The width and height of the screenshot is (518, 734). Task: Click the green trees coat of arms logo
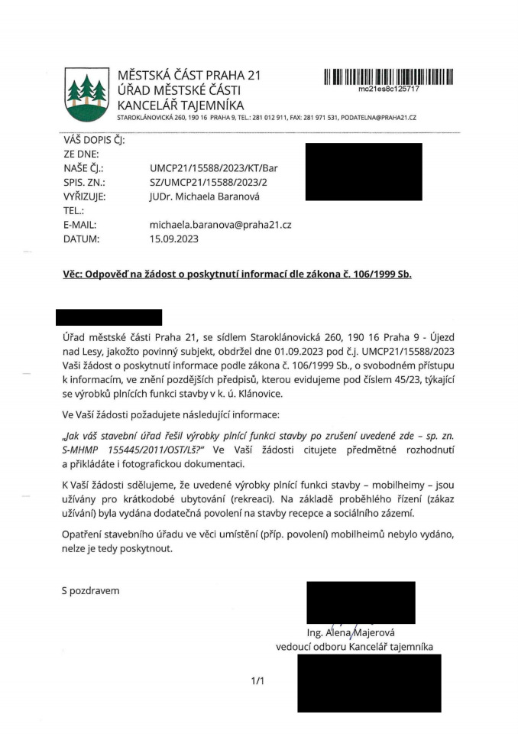point(85,94)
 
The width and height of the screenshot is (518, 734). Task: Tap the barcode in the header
point(388,76)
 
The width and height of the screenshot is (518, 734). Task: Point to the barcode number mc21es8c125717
point(388,89)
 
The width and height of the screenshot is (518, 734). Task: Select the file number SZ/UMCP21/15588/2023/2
point(209,182)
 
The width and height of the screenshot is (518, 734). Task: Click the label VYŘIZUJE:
point(84,196)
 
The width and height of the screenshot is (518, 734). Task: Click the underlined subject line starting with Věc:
point(237,274)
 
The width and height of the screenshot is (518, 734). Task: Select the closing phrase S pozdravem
point(91,590)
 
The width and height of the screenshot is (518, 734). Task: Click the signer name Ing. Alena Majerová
point(348,632)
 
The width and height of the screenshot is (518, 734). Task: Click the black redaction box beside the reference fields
point(363,172)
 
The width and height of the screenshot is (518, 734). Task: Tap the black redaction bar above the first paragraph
point(109,317)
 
